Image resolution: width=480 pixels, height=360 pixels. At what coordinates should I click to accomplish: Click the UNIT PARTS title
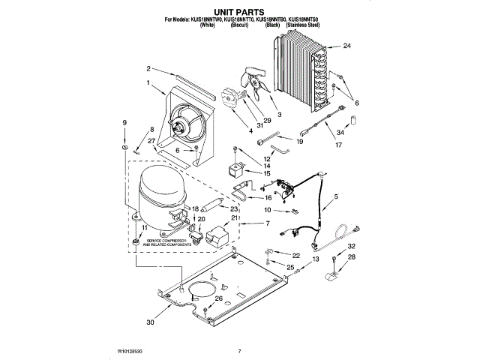pyautogui.click(x=240, y=11)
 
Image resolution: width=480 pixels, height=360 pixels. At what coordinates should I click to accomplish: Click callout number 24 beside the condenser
pyautogui.click(x=346, y=46)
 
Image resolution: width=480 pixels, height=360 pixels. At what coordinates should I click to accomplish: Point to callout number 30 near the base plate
pyautogui.click(x=151, y=323)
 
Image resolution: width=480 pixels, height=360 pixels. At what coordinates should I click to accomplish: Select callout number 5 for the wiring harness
pyautogui.click(x=335, y=196)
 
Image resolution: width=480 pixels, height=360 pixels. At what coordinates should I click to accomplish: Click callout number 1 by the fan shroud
pyautogui.click(x=148, y=82)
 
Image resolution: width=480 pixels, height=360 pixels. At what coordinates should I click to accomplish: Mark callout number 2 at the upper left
pyautogui.click(x=149, y=68)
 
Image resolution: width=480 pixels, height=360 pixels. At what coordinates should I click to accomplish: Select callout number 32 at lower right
pyautogui.click(x=350, y=246)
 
